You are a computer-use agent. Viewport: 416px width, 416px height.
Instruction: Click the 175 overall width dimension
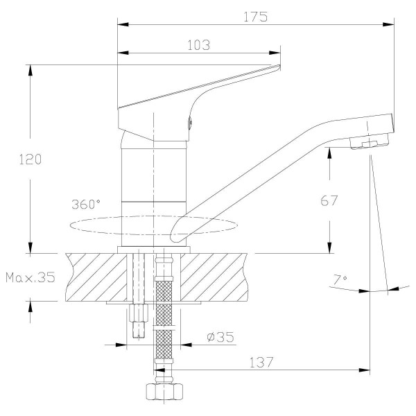[256, 17]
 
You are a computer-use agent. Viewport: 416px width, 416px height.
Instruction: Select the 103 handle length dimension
[199, 45]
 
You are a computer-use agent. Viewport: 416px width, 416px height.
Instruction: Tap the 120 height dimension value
[30, 159]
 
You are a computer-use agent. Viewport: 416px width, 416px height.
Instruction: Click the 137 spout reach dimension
[261, 361]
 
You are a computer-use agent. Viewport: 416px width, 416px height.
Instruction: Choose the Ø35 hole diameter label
[220, 338]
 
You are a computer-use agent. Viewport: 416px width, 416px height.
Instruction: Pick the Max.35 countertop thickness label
[30, 277]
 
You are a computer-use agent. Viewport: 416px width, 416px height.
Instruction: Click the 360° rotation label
[86, 205]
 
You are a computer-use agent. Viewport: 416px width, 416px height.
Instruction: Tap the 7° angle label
[340, 279]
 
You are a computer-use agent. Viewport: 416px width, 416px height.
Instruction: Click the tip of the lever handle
[277, 68]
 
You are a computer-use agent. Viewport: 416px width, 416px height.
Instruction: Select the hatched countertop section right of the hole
[215, 276]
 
